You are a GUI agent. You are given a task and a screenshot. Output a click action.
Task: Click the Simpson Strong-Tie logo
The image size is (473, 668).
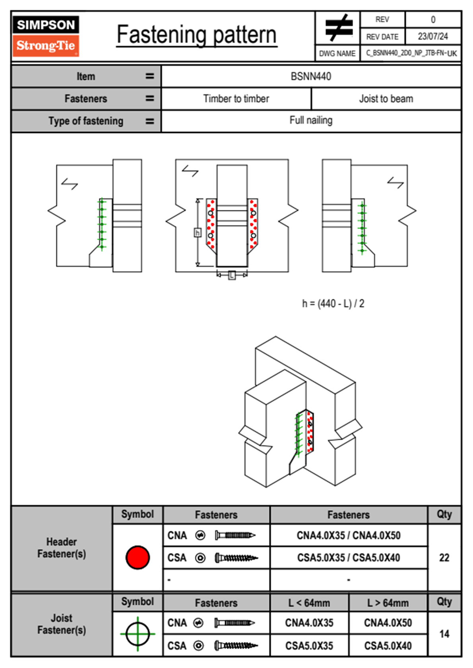click(x=46, y=36)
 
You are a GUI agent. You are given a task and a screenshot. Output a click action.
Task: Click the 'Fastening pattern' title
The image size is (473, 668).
click(x=197, y=35)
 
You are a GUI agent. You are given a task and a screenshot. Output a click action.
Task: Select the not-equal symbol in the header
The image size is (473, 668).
click(x=338, y=28)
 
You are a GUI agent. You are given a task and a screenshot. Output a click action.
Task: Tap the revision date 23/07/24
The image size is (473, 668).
click(x=432, y=37)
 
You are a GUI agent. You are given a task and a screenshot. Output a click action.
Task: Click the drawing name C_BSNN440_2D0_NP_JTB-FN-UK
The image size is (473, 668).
click(x=411, y=53)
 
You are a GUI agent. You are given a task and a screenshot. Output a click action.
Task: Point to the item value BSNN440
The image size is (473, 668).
click(x=311, y=76)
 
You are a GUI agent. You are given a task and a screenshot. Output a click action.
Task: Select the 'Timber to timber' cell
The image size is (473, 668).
click(x=236, y=98)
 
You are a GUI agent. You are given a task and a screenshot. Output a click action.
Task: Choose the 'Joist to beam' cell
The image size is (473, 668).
click(x=386, y=98)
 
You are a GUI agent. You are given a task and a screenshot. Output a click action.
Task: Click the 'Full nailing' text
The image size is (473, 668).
click(x=311, y=120)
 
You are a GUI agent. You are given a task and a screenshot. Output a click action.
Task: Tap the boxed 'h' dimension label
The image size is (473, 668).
click(x=198, y=232)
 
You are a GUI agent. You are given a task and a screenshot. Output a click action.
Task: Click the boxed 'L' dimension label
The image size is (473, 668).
click(x=232, y=275)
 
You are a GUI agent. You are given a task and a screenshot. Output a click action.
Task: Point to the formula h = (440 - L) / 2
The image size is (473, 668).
click(x=333, y=304)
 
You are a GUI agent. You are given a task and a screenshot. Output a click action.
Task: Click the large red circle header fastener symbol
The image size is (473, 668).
click(x=138, y=557)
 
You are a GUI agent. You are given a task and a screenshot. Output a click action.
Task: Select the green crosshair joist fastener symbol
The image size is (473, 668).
click(x=138, y=634)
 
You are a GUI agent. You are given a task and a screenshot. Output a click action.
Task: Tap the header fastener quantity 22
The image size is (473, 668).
click(x=444, y=558)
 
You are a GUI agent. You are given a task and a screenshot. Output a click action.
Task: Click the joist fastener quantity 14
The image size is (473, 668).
click(x=444, y=634)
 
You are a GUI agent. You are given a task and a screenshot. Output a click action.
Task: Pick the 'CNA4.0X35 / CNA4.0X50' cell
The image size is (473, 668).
click(x=349, y=535)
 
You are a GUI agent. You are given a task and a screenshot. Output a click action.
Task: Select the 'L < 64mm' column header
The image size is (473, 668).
click(x=309, y=603)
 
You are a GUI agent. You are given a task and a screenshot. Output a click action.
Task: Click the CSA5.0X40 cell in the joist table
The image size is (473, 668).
click(x=388, y=646)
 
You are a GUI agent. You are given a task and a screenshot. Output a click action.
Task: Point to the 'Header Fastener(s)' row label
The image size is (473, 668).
click(x=62, y=548)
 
